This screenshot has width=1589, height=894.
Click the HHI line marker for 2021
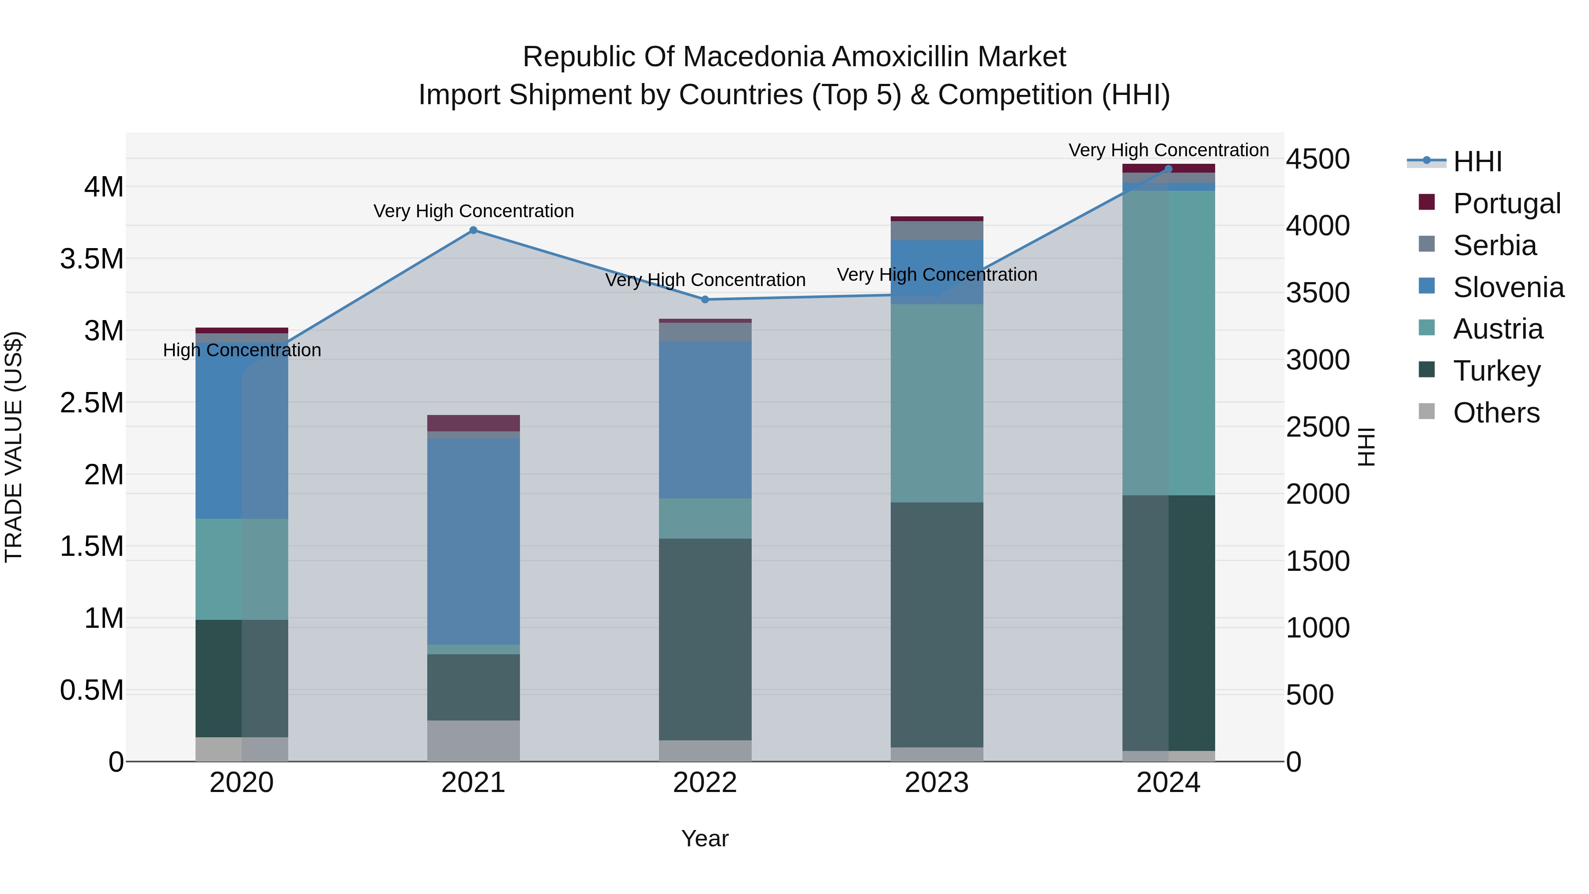(x=473, y=230)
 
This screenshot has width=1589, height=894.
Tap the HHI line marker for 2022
(x=705, y=299)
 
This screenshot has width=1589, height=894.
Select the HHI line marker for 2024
(x=1168, y=169)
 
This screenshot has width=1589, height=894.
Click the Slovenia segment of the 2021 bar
(x=473, y=541)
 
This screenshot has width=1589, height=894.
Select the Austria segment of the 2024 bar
(x=1168, y=343)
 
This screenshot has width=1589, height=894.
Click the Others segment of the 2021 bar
(x=473, y=740)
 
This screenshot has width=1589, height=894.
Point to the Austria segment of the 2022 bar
(x=705, y=518)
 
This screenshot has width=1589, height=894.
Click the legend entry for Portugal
(x=1506, y=203)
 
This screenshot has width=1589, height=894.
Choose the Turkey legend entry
(x=1496, y=371)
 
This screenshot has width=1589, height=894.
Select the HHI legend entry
(x=1477, y=162)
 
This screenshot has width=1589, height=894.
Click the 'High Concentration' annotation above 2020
(x=242, y=350)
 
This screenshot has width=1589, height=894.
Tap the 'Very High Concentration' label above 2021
(x=473, y=211)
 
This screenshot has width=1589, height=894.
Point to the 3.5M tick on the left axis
(x=92, y=259)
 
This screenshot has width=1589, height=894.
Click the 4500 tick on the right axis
(x=1318, y=159)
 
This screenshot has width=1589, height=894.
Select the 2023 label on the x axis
(x=936, y=783)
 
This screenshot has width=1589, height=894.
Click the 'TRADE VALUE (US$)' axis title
(x=14, y=447)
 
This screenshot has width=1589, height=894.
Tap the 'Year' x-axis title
(x=704, y=838)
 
